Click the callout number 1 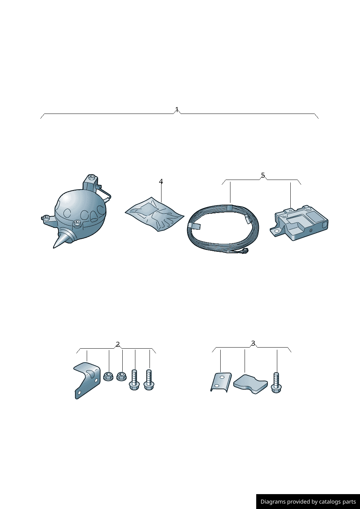coord(177,110)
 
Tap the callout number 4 coord(161,181)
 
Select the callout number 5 coord(263,175)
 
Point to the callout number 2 coord(118,345)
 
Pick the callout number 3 coord(253,343)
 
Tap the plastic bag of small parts coord(155,215)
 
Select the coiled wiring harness coord(223,230)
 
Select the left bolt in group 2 coord(134,380)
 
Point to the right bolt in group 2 coord(149,380)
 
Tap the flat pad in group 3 coord(250,385)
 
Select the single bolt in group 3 coord(276,383)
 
